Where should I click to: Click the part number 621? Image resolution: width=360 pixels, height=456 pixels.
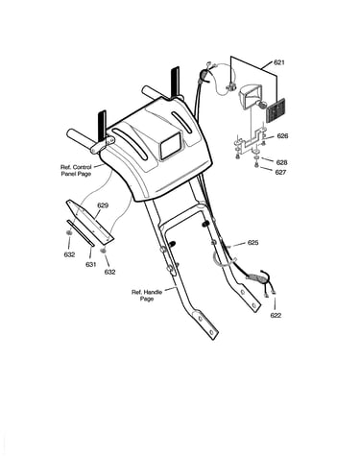point(279,62)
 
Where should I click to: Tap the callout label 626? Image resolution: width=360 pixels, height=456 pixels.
point(282,136)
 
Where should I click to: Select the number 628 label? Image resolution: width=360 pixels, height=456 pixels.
point(281,162)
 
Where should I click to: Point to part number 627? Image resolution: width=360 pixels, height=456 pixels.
point(280,172)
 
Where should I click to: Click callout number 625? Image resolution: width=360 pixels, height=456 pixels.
point(252,243)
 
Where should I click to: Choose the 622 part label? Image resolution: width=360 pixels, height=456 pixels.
point(276,315)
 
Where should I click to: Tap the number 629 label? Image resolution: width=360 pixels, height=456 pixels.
point(103,205)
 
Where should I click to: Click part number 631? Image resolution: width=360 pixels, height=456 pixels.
point(91,264)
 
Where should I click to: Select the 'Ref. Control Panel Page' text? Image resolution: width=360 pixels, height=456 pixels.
point(76,170)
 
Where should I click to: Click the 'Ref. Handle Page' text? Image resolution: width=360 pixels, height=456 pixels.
point(147,296)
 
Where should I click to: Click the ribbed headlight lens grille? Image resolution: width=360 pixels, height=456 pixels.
point(276,108)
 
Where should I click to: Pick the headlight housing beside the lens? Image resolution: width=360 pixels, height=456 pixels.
point(251,96)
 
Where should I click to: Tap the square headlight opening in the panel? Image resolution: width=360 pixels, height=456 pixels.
point(171,146)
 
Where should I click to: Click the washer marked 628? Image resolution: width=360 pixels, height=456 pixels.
point(256,158)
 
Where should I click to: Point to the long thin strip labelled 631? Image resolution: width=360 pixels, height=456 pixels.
point(81,233)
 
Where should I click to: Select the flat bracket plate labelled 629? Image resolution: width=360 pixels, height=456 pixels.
point(90,220)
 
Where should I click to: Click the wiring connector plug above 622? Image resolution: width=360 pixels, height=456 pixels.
point(257,277)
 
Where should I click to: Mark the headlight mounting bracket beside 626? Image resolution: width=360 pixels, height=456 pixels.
point(251,141)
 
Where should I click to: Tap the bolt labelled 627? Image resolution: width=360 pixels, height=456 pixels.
point(256,165)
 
